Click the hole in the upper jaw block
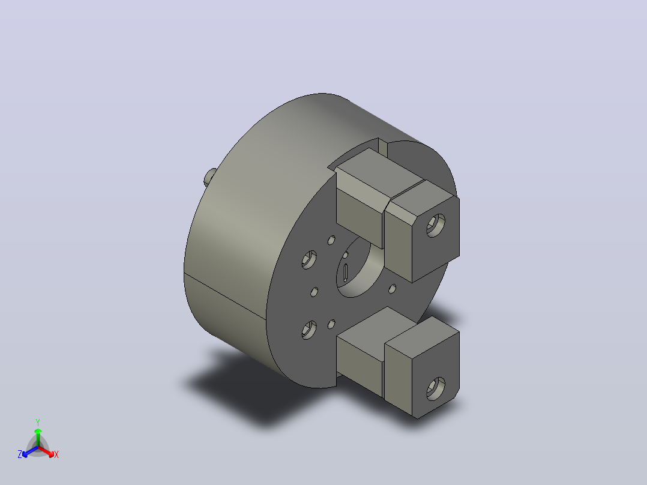436,225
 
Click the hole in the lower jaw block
436,389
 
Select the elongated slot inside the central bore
345,273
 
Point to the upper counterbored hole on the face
309,260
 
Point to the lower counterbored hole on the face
309,330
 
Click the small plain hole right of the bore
393,289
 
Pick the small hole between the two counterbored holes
314,292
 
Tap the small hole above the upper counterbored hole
331,240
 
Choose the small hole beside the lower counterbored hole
331,325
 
